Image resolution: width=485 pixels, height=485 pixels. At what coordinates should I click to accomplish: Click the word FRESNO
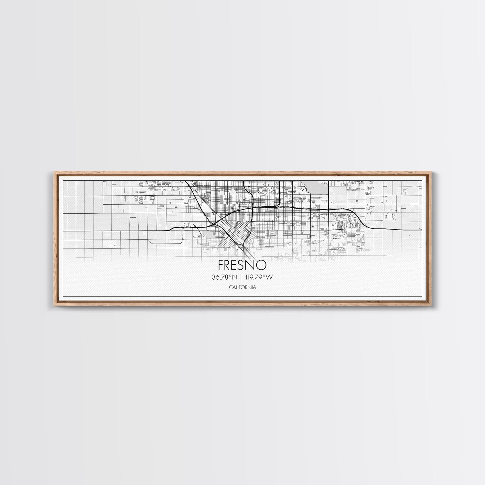click(x=242, y=265)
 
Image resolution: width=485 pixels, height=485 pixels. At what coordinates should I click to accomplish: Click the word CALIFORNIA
click(x=242, y=287)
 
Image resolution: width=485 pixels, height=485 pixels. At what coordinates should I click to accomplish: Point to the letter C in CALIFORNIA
click(x=230, y=287)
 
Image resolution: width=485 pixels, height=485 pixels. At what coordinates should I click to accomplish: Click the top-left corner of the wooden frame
click(x=53, y=172)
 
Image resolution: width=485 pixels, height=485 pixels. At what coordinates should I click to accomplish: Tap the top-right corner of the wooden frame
click(x=433, y=172)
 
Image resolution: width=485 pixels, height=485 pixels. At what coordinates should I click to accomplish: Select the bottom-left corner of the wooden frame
click(x=53, y=306)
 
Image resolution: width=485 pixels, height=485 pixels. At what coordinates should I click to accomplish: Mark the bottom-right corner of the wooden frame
click(x=433, y=306)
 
